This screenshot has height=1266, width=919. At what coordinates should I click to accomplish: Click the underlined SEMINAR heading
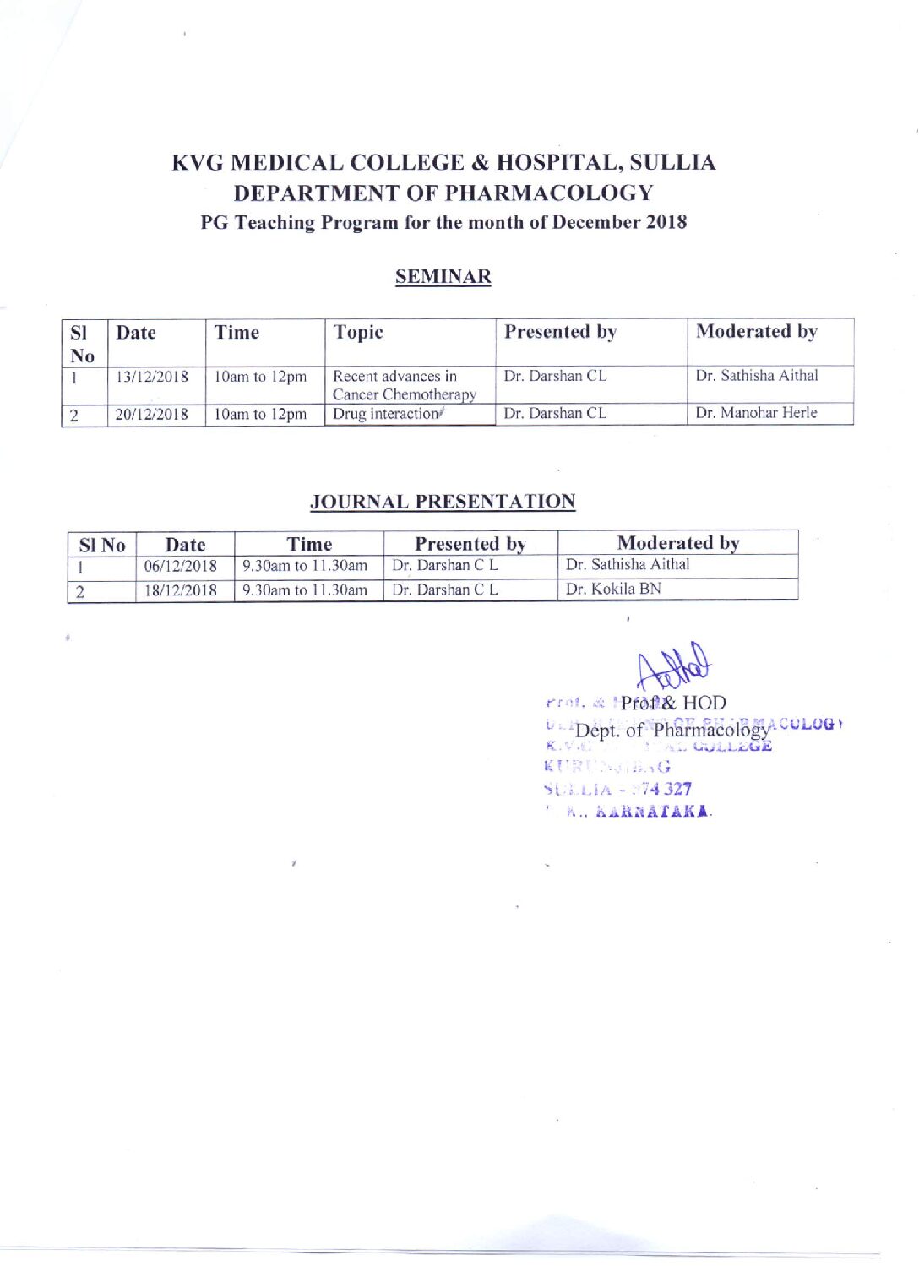pyautogui.click(x=443, y=276)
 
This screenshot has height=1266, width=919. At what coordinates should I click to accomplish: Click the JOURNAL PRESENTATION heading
pyautogui.click(x=443, y=502)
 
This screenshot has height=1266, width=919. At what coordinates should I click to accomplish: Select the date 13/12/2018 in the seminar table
pyautogui.click(x=152, y=377)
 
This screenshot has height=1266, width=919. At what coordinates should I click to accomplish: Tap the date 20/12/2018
pyautogui.click(x=152, y=414)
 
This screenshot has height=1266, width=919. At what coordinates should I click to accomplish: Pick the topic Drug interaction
pyautogui.click(x=387, y=414)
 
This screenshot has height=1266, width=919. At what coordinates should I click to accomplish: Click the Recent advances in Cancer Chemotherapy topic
pyautogui.click(x=404, y=385)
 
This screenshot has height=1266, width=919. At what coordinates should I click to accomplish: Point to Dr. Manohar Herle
pyautogui.click(x=756, y=413)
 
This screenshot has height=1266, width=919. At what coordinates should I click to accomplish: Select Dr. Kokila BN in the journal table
pyautogui.click(x=613, y=589)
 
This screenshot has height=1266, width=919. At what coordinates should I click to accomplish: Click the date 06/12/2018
pyautogui.click(x=180, y=566)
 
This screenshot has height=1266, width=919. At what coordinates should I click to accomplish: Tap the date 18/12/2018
pyautogui.click(x=180, y=590)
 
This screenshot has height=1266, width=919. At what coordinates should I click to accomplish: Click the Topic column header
pyautogui.click(x=358, y=333)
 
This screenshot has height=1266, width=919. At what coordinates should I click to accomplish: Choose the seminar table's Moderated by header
pyautogui.click(x=756, y=332)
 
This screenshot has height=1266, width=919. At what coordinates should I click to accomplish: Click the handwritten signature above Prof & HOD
pyautogui.click(x=675, y=666)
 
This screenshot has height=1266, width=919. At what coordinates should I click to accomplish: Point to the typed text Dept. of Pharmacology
pyautogui.click(x=672, y=730)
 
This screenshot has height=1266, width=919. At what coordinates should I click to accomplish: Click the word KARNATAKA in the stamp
pyautogui.click(x=653, y=812)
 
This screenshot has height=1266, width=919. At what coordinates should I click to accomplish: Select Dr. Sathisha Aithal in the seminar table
pyautogui.click(x=756, y=376)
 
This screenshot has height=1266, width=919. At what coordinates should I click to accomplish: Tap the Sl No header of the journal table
pyautogui.click(x=102, y=546)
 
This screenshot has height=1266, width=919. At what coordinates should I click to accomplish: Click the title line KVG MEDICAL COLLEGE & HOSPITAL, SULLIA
pyautogui.click(x=443, y=162)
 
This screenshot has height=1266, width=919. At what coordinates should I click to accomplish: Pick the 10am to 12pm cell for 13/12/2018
pyautogui.click(x=260, y=377)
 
